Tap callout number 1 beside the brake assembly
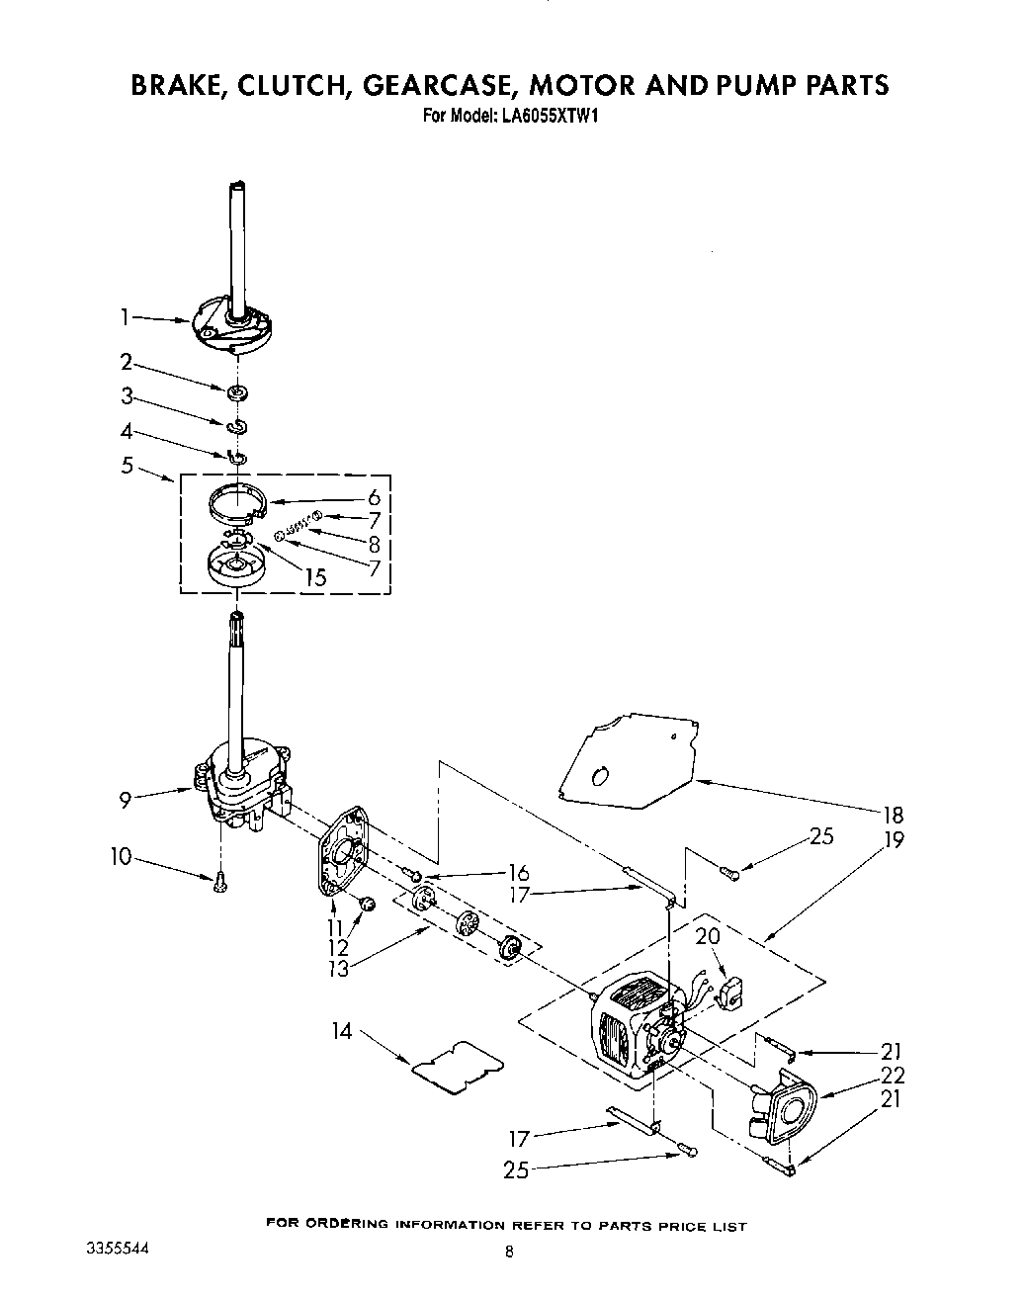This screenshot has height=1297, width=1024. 126,316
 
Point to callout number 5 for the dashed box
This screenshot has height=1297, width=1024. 127,465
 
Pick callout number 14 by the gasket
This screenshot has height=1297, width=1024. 341,1031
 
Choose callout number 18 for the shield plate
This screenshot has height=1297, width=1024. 894,816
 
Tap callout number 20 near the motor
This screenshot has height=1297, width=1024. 707,935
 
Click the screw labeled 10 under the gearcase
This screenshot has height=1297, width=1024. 219,881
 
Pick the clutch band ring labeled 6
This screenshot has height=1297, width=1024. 238,499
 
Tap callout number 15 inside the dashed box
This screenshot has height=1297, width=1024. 314,576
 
